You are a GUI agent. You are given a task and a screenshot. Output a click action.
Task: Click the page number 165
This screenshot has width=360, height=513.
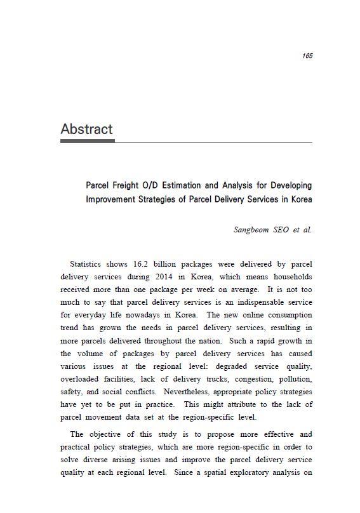(307, 56)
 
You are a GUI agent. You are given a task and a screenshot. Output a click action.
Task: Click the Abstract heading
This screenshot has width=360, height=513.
(86, 129)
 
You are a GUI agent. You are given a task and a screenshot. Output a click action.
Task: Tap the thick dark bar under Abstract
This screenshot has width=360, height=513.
(87, 141)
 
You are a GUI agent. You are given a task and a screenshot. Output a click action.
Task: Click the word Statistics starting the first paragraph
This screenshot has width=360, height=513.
(88, 263)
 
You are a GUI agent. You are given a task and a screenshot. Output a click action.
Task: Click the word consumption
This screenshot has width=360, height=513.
(287, 316)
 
